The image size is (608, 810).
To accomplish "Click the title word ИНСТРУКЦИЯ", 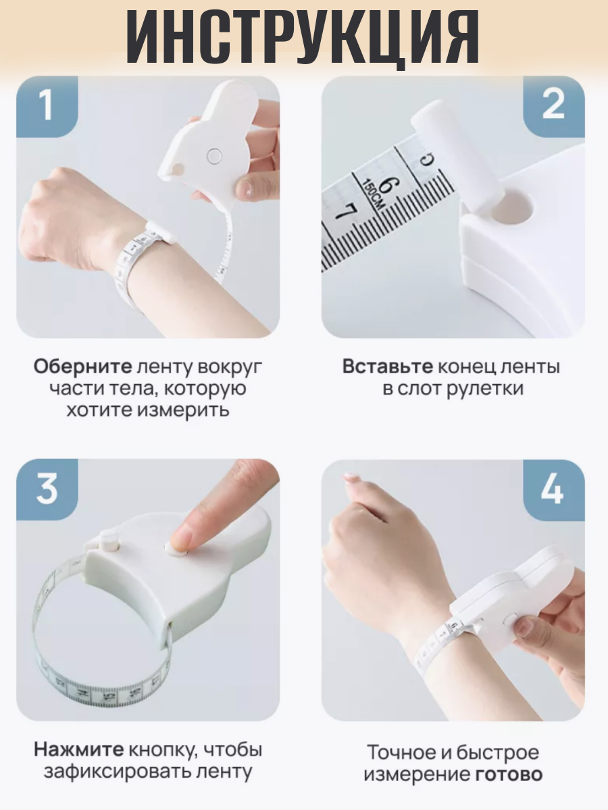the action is tap(303, 36).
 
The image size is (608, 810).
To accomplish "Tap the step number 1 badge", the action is tap(47, 107).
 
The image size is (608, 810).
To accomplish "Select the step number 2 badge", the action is tap(554, 107).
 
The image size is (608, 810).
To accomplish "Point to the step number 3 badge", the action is tap(47, 489).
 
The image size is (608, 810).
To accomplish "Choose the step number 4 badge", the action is tap(554, 489).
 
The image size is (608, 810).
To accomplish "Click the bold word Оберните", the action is tap(82, 367).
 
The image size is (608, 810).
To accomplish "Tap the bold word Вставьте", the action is tap(388, 367).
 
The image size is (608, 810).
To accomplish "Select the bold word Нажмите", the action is tap(79, 750).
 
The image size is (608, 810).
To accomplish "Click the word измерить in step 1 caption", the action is tap(184, 410).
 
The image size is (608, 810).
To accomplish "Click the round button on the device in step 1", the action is tap(214, 156).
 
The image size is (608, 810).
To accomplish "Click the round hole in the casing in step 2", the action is tap(513, 207).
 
